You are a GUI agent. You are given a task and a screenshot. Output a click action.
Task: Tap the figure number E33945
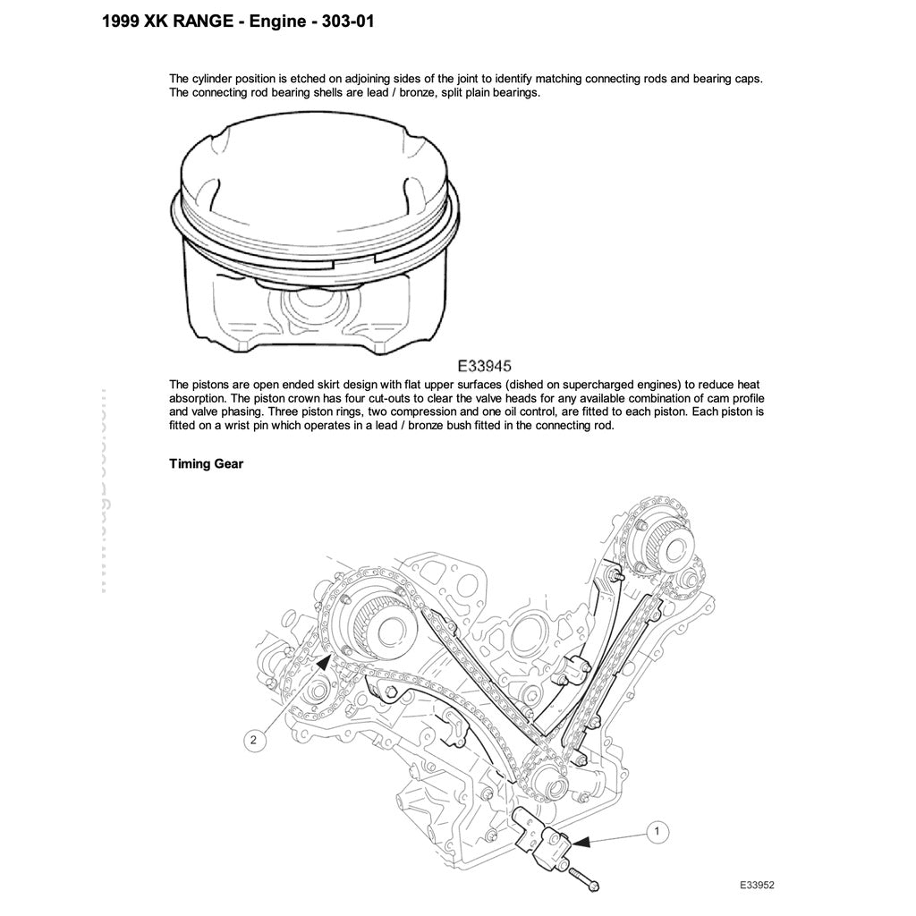(484, 365)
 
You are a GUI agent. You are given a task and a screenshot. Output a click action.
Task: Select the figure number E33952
(756, 885)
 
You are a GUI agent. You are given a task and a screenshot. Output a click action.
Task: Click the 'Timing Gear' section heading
(207, 463)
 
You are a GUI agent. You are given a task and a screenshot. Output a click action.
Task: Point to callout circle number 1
(657, 831)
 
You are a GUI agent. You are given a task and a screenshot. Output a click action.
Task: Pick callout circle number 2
(254, 740)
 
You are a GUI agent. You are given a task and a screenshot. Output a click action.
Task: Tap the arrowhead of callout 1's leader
(578, 842)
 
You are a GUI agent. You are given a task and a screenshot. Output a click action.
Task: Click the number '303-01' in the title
(341, 21)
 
